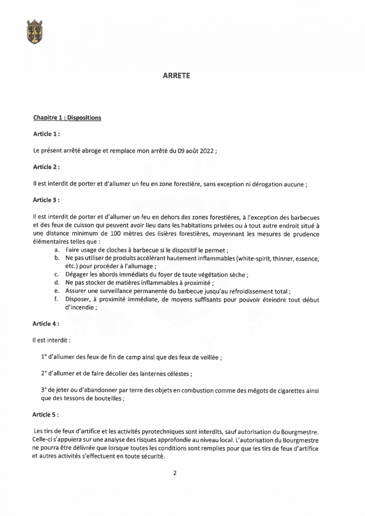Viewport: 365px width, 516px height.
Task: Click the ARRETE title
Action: [176, 76]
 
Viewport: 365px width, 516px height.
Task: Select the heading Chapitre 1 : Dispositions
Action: [67, 118]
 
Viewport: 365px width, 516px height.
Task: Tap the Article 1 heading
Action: [46, 134]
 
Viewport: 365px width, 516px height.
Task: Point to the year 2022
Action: [206, 151]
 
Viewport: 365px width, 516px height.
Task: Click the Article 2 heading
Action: [46, 167]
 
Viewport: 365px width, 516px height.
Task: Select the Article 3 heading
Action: [46, 200]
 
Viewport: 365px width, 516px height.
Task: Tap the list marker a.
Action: [56, 250]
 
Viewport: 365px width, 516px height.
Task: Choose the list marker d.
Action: [56, 283]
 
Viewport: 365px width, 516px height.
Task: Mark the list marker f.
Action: [56, 300]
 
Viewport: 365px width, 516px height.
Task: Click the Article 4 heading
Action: [46, 324]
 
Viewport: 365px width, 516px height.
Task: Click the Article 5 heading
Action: [45, 415]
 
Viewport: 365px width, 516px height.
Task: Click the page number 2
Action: [175, 473]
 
